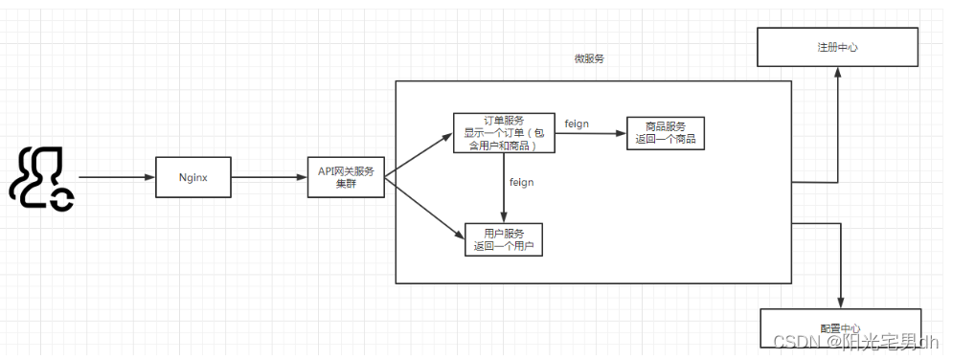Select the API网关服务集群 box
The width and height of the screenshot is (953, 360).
(346, 178)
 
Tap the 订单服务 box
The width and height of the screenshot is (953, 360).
(503, 133)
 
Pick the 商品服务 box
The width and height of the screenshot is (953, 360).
(666, 133)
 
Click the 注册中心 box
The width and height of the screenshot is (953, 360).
(837, 46)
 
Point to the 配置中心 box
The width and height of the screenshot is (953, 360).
(840, 327)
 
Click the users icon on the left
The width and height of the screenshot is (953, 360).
(41, 178)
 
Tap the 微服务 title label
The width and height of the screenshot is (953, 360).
(589, 59)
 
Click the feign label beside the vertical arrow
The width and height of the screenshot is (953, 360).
(521, 182)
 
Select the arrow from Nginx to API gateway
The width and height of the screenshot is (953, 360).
(268, 178)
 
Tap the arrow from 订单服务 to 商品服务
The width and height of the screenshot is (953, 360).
(589, 134)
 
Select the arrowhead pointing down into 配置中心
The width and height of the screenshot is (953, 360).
(840, 303)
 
